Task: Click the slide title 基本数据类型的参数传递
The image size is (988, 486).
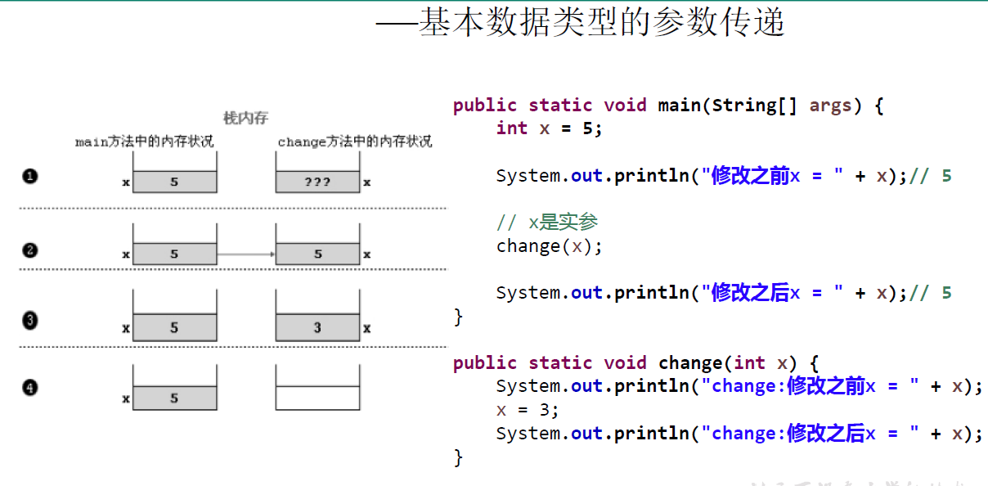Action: coord(601,23)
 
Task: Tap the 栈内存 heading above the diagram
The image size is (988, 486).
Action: coord(245,119)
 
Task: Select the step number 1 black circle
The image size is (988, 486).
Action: coord(30,175)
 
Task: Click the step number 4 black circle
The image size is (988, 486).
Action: coord(30,387)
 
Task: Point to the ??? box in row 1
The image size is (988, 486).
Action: coord(317,182)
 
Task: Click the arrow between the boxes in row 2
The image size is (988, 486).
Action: coord(246,254)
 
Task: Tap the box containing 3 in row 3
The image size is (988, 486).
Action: coord(317,328)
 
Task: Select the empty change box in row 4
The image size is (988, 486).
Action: coord(317,398)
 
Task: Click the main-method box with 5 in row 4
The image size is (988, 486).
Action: coord(174,398)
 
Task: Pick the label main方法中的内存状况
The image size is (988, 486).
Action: coord(144,142)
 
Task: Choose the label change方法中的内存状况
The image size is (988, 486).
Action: coord(354,142)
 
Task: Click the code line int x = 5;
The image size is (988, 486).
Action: coord(549,128)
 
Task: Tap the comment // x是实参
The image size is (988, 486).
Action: coord(547,223)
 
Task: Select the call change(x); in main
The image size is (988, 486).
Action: coord(549,245)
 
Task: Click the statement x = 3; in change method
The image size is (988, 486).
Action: coord(528,410)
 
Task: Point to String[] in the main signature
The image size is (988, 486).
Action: coord(754,106)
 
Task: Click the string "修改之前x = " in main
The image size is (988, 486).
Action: coord(772,176)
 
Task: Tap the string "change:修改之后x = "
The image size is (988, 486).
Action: coord(810,434)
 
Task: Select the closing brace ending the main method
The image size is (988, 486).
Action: coord(458,317)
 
